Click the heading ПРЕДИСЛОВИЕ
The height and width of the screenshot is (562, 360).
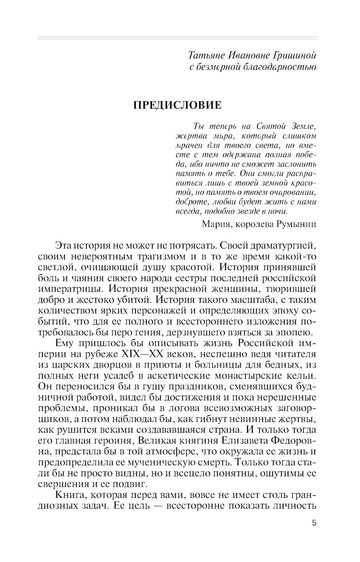[x=177, y=105]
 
